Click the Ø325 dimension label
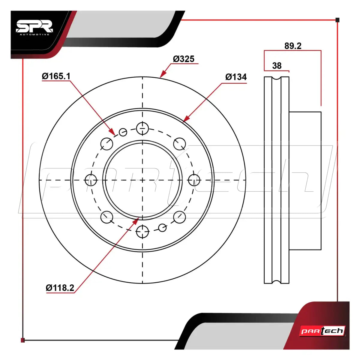point(184,59)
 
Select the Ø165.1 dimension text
point(56,76)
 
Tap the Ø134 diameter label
point(236,77)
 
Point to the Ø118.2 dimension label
point(60,288)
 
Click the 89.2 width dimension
point(293,46)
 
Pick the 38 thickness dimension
point(277,66)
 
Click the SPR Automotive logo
point(34,28)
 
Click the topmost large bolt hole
point(142,128)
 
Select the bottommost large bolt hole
point(142,232)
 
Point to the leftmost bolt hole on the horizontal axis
point(91,180)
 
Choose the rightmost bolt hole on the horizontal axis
point(194,180)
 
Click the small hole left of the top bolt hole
point(123,132)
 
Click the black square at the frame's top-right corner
point(337,20)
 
